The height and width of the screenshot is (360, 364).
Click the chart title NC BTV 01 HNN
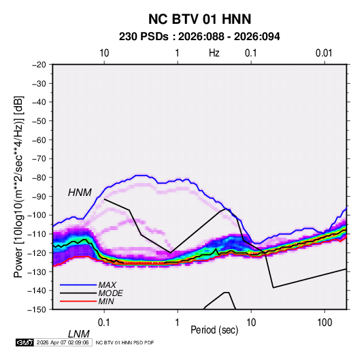(199, 19)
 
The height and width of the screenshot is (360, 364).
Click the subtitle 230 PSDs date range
(199, 37)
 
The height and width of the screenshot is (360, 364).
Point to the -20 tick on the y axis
(39, 65)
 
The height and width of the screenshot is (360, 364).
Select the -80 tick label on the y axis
(39, 178)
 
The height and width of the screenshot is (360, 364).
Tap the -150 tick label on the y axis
(37, 310)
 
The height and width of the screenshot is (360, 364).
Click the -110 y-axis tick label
(37, 234)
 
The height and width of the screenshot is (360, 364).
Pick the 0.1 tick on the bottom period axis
(104, 323)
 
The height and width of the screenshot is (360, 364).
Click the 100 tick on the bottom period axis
(325, 323)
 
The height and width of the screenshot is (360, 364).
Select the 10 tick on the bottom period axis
(251, 323)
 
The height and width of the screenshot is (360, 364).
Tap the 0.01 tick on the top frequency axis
(324, 53)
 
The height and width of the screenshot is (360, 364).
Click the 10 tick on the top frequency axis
(104, 53)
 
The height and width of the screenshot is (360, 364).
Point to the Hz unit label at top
(214, 53)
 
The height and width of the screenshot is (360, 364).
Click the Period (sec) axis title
(214, 330)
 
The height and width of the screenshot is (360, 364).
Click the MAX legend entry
(107, 285)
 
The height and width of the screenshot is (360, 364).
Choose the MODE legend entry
(110, 293)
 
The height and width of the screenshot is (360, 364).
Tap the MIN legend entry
(106, 301)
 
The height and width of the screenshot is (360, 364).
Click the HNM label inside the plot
(80, 193)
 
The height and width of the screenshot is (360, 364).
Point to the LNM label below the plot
(79, 334)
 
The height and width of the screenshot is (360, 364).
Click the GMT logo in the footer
(24, 342)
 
